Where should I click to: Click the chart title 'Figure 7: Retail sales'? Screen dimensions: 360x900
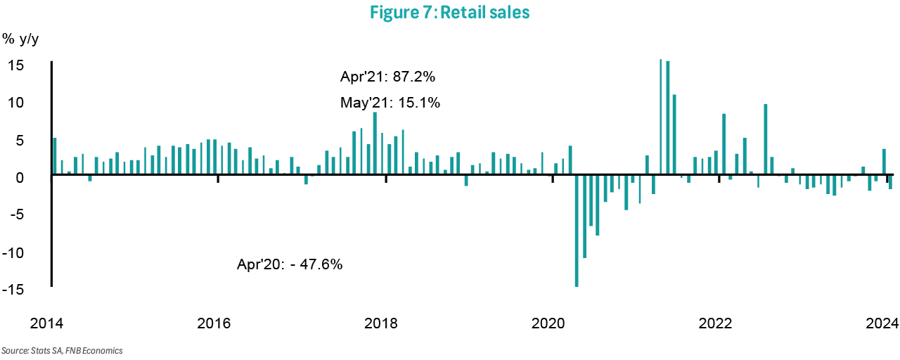450,13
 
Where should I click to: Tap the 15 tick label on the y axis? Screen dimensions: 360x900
17,65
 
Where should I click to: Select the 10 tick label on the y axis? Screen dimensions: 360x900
17,103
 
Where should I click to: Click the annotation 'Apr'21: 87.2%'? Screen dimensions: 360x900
391,77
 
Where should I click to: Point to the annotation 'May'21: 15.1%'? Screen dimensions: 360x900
390,103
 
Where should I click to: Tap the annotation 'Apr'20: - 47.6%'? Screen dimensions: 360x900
290,265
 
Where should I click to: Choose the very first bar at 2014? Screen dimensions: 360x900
55,156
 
